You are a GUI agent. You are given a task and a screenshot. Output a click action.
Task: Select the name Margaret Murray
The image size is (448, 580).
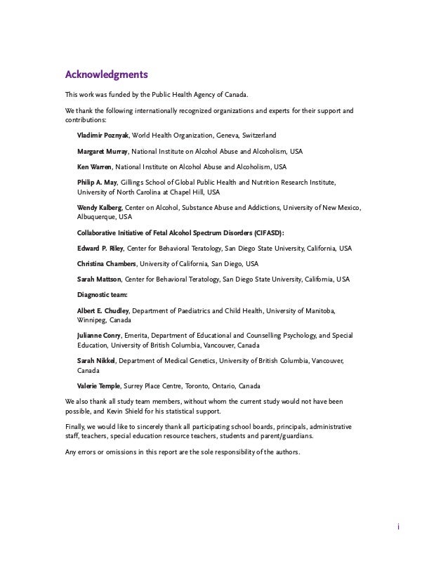(102, 151)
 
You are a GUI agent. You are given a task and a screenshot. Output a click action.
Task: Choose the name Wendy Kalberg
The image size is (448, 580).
(100, 209)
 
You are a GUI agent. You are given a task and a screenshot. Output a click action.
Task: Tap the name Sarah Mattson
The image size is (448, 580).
(99, 279)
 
